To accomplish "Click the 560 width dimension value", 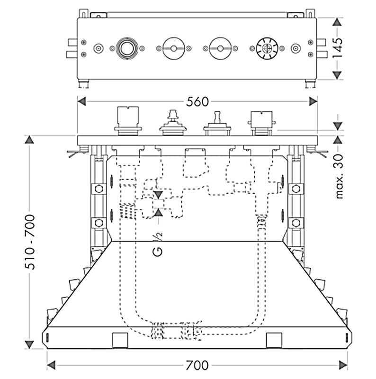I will [197, 101].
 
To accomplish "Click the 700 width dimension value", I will [197, 365].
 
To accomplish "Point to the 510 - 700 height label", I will [29, 242].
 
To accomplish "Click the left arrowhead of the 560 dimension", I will [82, 101].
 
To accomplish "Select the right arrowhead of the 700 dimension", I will [344, 365].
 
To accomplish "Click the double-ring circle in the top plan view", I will [126, 48].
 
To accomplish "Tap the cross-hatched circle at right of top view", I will [265, 48].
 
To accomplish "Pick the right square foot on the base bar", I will [273, 339].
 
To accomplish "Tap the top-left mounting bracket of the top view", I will [84, 12].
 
